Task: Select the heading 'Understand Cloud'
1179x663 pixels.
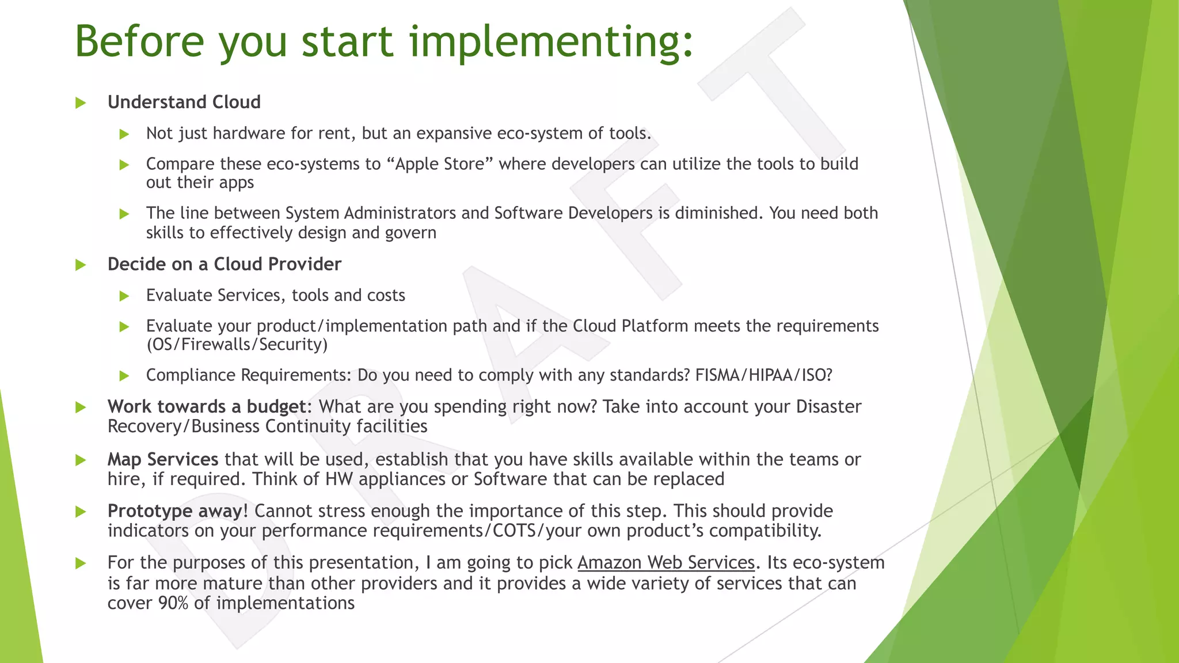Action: tap(184, 102)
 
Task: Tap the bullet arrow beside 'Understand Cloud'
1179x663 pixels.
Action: tap(81, 103)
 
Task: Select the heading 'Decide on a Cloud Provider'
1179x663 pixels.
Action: tap(224, 264)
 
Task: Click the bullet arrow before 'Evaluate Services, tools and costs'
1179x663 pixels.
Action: tap(124, 296)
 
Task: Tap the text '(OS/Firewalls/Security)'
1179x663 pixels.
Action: tap(237, 345)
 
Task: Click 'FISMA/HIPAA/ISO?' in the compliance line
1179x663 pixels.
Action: tap(763, 375)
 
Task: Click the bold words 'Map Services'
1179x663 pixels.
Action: tap(163, 460)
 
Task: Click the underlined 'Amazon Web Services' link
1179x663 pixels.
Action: tap(665, 563)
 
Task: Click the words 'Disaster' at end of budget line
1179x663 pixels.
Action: tap(828, 407)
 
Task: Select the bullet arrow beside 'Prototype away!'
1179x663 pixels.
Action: tap(81, 512)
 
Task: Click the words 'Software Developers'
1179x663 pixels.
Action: tap(573, 214)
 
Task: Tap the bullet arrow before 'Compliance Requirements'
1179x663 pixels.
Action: tap(124, 376)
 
